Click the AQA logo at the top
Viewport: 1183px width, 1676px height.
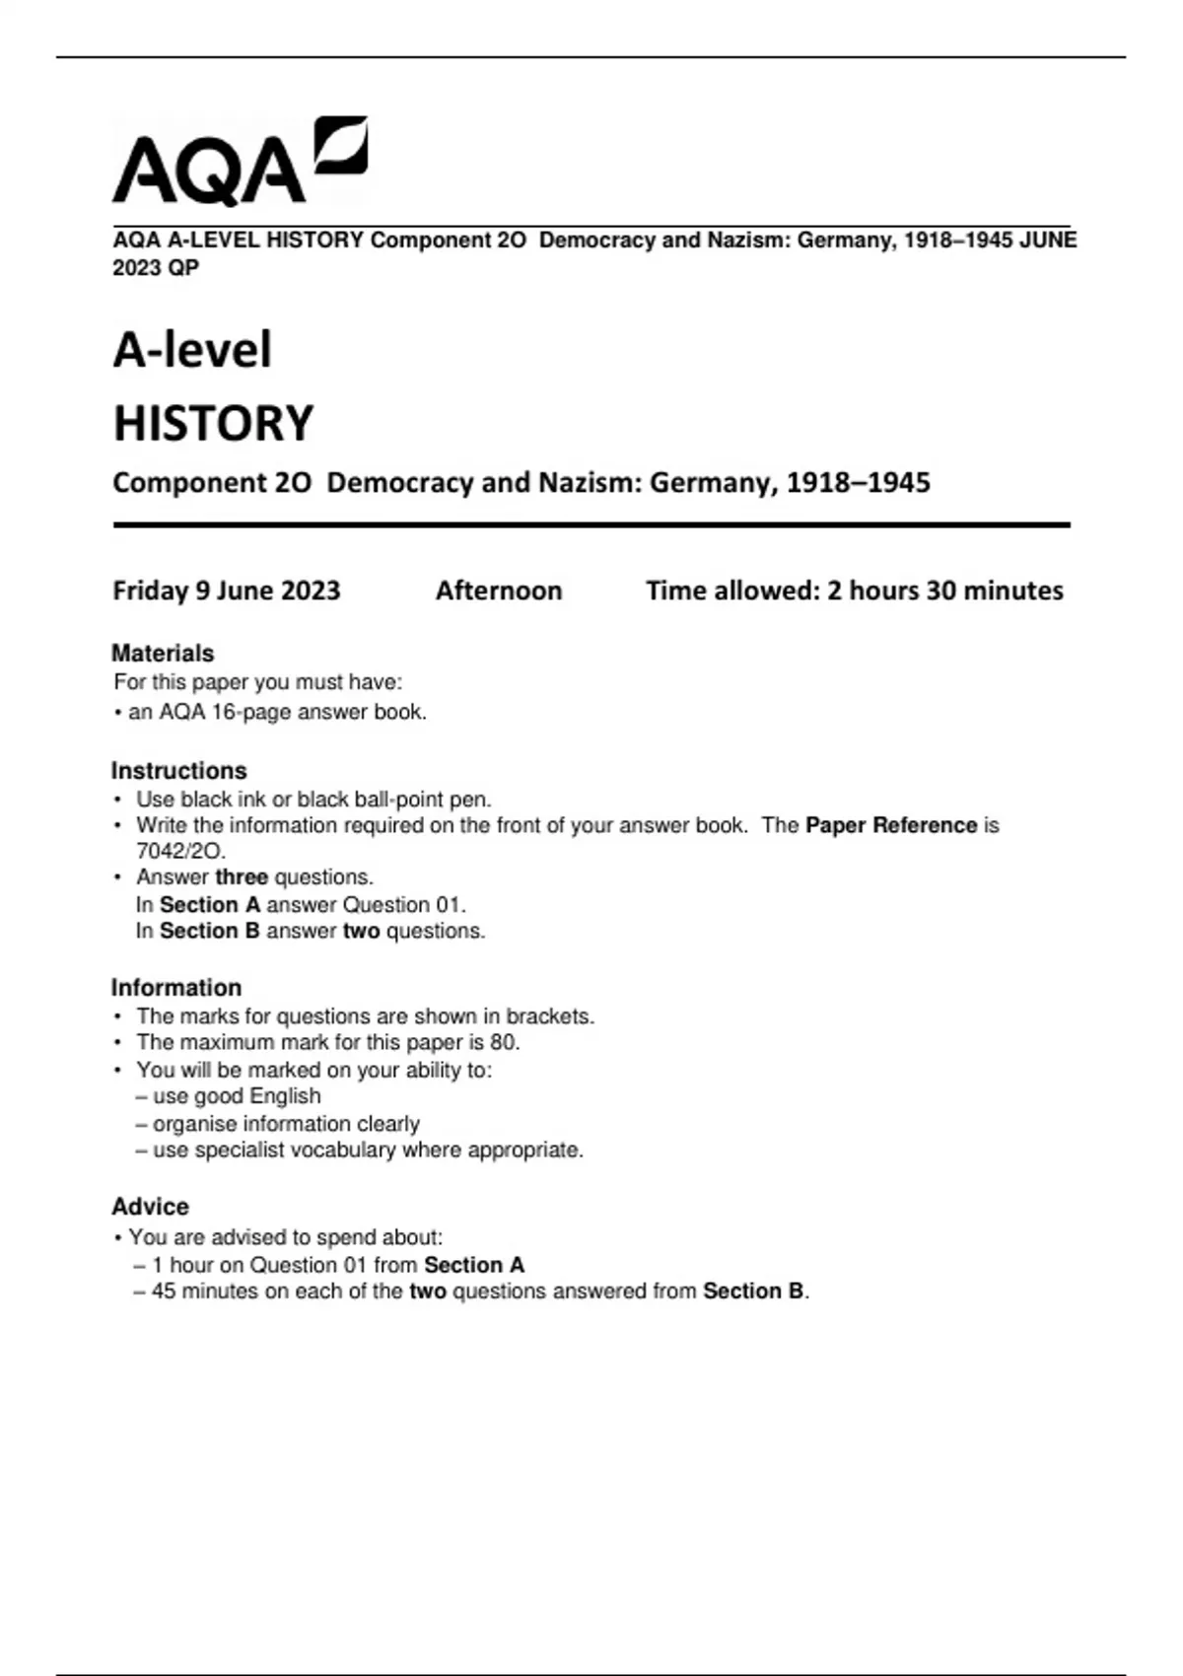click(x=240, y=162)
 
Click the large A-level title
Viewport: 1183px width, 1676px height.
click(x=192, y=350)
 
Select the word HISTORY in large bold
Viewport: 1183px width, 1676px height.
click(x=213, y=423)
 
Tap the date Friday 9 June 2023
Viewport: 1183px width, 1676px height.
click(x=226, y=591)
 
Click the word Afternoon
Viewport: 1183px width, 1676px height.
click(x=499, y=591)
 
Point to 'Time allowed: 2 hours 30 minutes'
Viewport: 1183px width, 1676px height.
click(x=854, y=591)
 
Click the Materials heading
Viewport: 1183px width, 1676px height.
click(x=163, y=654)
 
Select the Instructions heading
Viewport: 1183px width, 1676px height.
click(x=178, y=771)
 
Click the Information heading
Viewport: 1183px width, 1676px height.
click(x=175, y=988)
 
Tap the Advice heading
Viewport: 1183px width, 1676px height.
click(x=150, y=1207)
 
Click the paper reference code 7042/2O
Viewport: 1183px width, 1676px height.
click(x=180, y=851)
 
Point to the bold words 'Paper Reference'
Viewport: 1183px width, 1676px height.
click(x=890, y=825)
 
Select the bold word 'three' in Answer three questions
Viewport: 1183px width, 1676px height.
click(x=242, y=877)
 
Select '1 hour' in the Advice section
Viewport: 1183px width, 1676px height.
click(x=186, y=1265)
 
